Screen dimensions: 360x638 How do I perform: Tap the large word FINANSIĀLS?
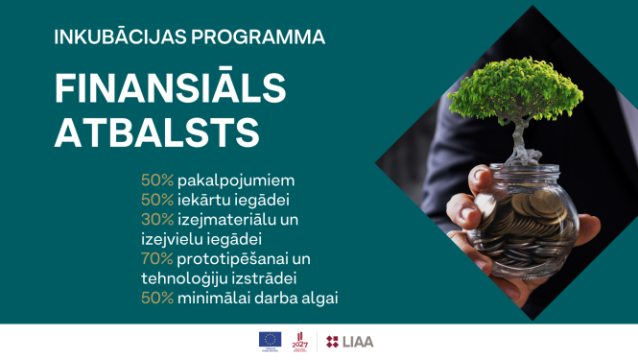pos(170,89)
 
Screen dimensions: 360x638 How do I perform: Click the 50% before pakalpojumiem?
pos(157,180)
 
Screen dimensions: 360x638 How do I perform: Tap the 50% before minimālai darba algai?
pos(157,298)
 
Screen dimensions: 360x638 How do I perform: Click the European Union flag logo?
pos(269,340)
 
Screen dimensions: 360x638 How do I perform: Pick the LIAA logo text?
pos(357,341)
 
